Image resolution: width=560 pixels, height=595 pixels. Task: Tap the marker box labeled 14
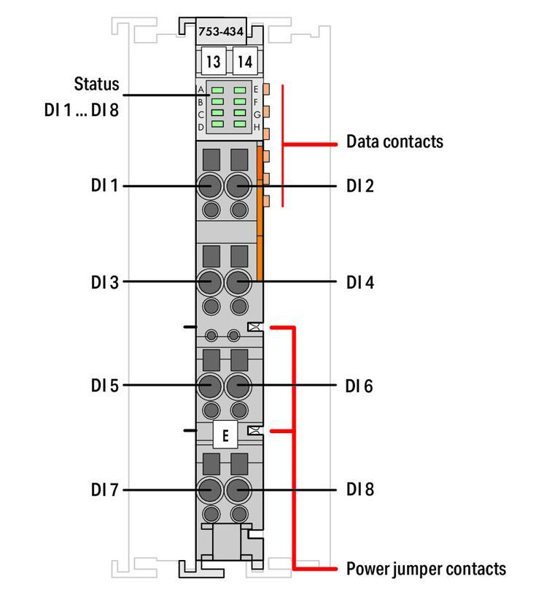tap(244, 62)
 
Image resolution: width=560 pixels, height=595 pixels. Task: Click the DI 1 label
tap(104, 186)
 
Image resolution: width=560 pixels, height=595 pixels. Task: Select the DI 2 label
tap(359, 186)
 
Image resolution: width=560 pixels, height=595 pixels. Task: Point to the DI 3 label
tap(104, 281)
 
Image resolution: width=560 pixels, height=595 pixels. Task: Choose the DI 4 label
tap(359, 281)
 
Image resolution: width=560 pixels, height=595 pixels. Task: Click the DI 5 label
tap(104, 385)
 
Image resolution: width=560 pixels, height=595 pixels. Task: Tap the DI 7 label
tap(104, 489)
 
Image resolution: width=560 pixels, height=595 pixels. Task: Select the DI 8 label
tap(359, 489)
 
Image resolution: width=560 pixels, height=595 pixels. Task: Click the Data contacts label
tap(394, 141)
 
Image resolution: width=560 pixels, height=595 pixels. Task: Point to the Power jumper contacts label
tap(425, 568)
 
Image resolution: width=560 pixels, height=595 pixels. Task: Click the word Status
tap(96, 84)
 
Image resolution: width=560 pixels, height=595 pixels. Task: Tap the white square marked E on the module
tap(225, 435)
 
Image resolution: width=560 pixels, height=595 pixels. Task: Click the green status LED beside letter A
tap(217, 90)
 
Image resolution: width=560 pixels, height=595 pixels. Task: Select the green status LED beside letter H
tap(240, 124)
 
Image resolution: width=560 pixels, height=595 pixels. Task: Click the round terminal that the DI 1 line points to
tap(211, 186)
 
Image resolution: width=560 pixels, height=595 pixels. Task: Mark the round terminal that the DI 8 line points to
tap(238, 489)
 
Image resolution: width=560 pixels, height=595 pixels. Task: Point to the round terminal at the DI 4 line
tap(238, 281)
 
